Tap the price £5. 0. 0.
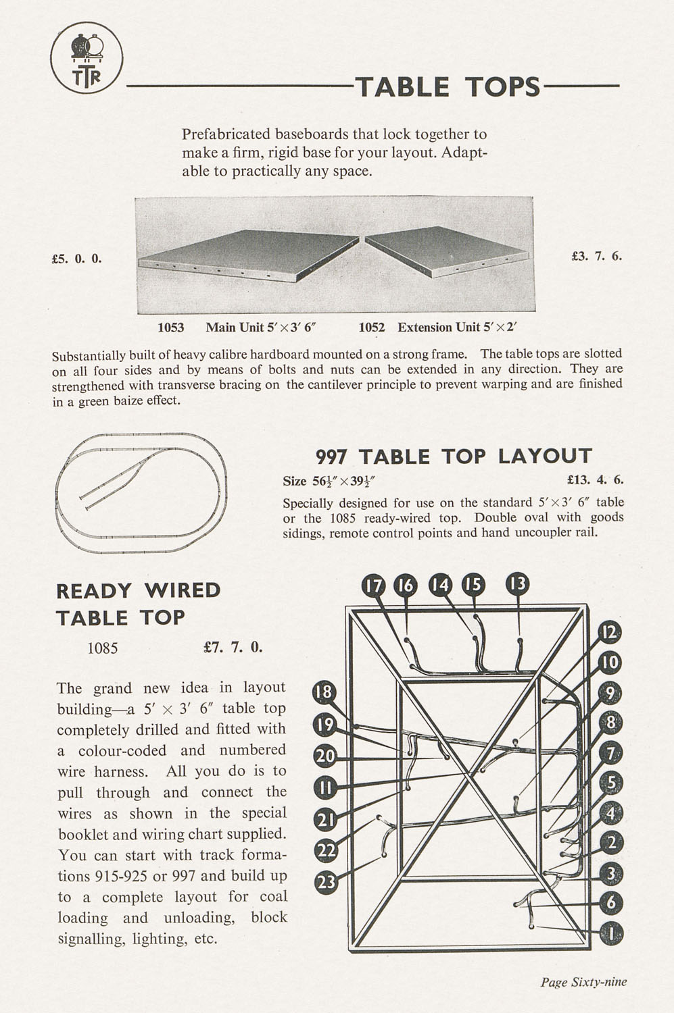[x=76, y=258]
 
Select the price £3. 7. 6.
[x=596, y=256]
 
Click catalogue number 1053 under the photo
[x=170, y=328]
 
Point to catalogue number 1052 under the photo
[x=372, y=328]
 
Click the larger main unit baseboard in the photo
[x=247, y=255]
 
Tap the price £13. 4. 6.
[x=595, y=481]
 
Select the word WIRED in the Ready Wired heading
[x=183, y=590]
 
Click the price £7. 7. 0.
[x=233, y=647]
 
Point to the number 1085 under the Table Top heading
[x=103, y=648]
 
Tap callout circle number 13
[x=518, y=584]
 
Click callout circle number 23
[x=327, y=881]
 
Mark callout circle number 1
[x=611, y=933]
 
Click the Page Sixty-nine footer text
[x=583, y=982]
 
